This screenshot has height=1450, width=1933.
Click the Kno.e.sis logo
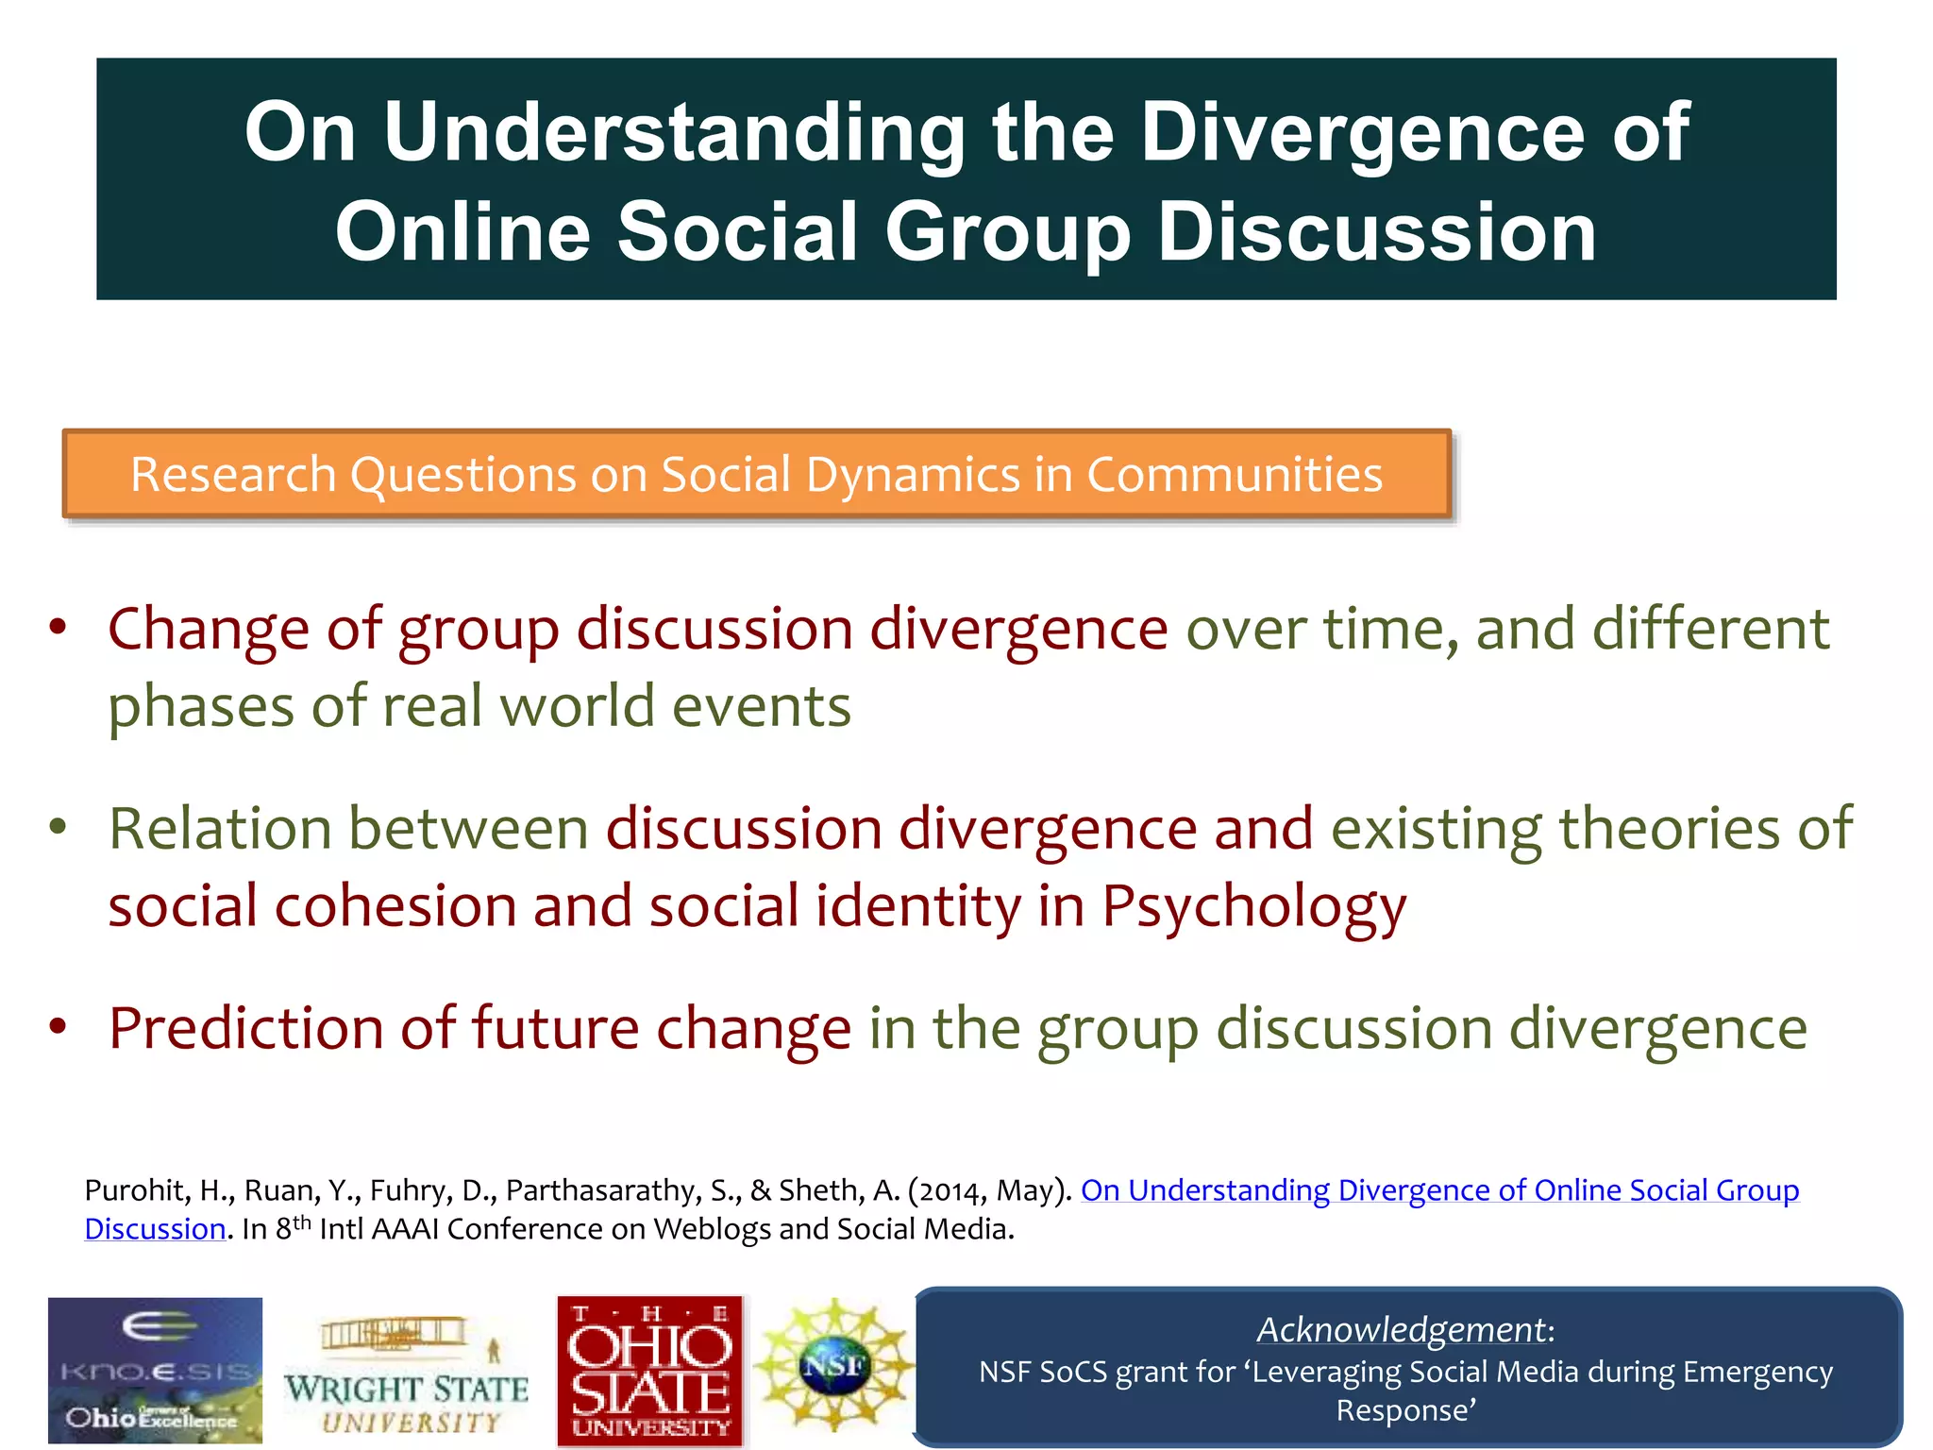click(x=155, y=1370)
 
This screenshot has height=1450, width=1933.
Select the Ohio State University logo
click(x=650, y=1371)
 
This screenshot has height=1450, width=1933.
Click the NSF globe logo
click(x=833, y=1364)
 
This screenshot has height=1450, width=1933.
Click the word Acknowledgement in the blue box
click(x=1402, y=1329)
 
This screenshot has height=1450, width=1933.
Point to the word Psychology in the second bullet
click(x=1253, y=907)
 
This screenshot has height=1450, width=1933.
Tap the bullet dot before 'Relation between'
click(x=59, y=828)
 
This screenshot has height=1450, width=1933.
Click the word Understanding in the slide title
click(x=674, y=132)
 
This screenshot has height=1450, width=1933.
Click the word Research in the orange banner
click(x=233, y=474)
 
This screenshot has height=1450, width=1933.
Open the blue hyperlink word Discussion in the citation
click(x=155, y=1229)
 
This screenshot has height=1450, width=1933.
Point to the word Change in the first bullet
click(x=208, y=629)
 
